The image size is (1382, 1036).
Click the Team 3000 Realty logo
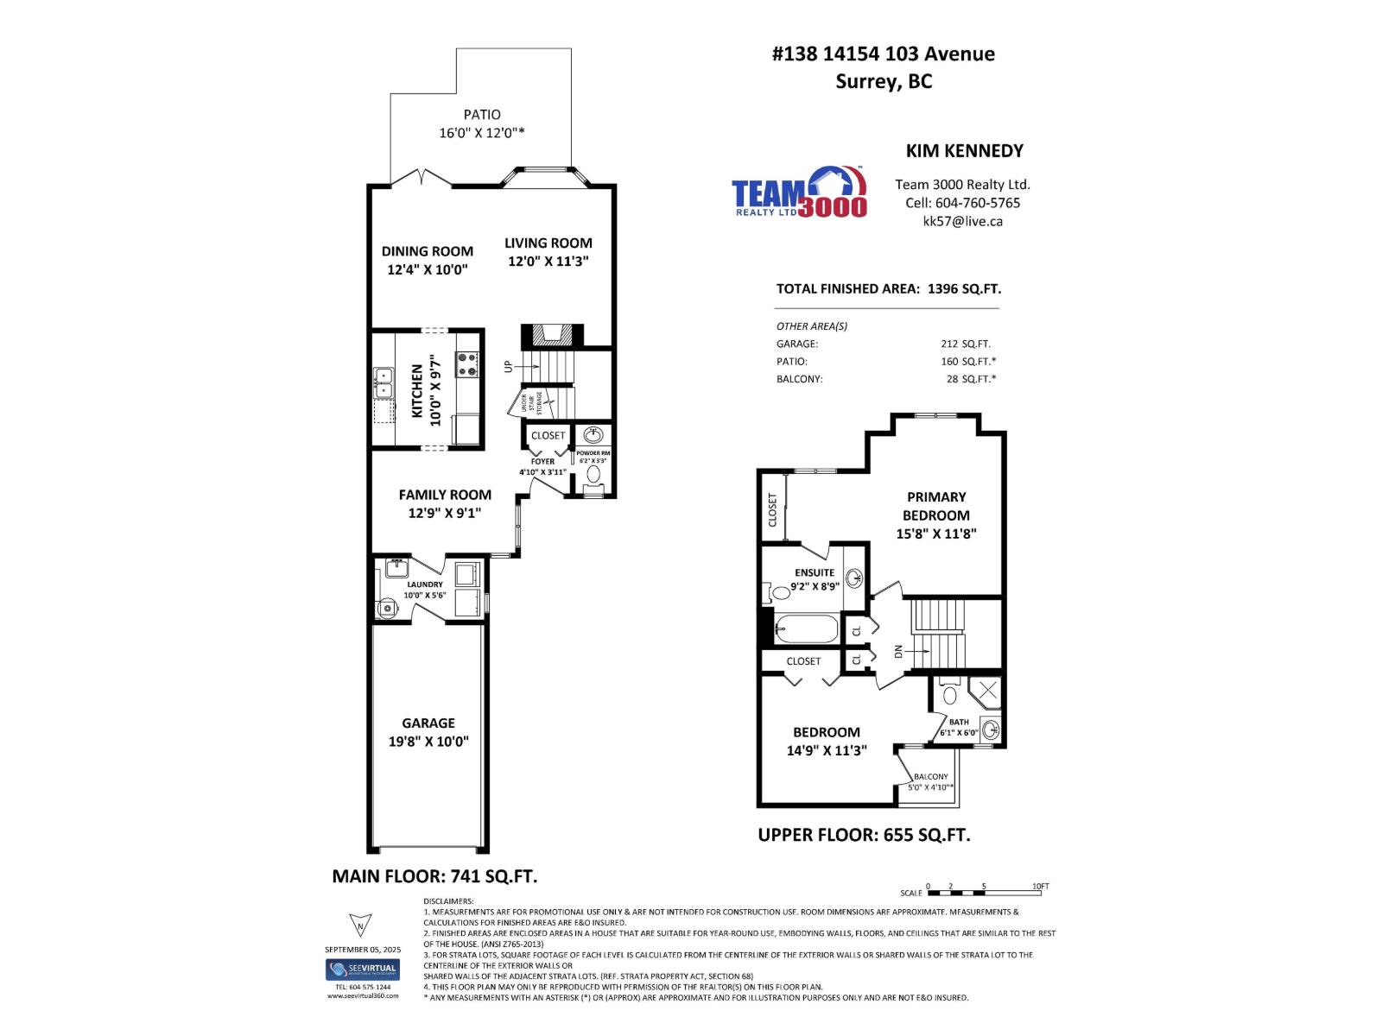tap(798, 193)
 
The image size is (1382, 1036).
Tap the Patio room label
tap(482, 114)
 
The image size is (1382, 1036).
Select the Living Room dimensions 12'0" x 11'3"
tap(548, 262)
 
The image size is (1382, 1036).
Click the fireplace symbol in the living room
tap(552, 335)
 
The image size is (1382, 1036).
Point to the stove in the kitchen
tap(467, 364)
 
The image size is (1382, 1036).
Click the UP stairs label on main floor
tap(509, 366)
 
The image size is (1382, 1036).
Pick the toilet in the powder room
tap(594, 474)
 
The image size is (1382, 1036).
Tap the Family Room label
tap(445, 495)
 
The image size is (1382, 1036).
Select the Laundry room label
tap(424, 584)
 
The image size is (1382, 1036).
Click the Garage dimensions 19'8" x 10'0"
tap(428, 742)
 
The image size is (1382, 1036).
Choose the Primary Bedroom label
tap(936, 506)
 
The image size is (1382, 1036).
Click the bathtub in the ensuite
tap(806, 629)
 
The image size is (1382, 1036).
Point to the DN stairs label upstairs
tap(898, 652)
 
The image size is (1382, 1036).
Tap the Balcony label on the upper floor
tap(930, 777)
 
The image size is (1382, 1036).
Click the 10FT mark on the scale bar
tap(1040, 887)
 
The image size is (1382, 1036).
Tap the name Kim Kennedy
tap(964, 150)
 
